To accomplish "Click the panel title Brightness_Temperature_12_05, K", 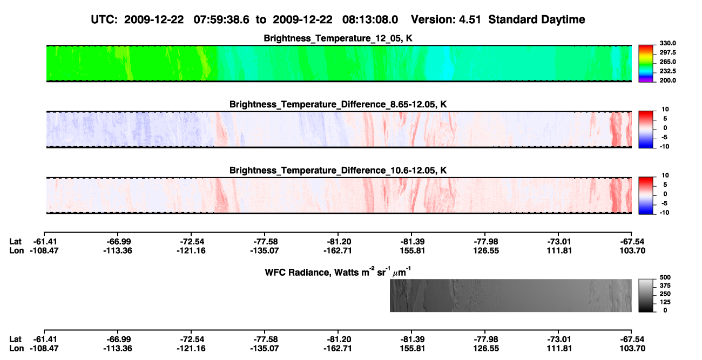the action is coord(338,38).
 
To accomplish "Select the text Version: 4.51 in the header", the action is coord(446,20).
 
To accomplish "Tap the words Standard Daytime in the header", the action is coord(537,20).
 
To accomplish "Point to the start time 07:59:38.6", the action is coord(221,20).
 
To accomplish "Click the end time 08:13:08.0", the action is coord(370,20).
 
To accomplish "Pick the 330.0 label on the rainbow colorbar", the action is coord(667,43).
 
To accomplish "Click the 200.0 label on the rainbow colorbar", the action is coord(667,80).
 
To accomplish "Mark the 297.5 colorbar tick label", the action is coord(667,53).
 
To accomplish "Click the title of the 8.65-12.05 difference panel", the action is coord(338,104).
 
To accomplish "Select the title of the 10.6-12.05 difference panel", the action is coord(338,171).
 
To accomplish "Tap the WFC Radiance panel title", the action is coord(338,271).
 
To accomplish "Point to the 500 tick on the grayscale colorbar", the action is coord(665,277).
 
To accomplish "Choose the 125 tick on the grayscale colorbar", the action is coord(665,302).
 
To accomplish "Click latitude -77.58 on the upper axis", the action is coord(265,242).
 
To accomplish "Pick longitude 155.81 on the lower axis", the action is coord(412,349).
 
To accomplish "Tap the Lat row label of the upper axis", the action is coord(15,242).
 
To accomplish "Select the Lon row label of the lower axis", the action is coord(16,349).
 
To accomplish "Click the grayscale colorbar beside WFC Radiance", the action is coord(646,295).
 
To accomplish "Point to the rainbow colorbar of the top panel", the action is coord(646,64).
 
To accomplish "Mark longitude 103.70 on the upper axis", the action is coord(632,250).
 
